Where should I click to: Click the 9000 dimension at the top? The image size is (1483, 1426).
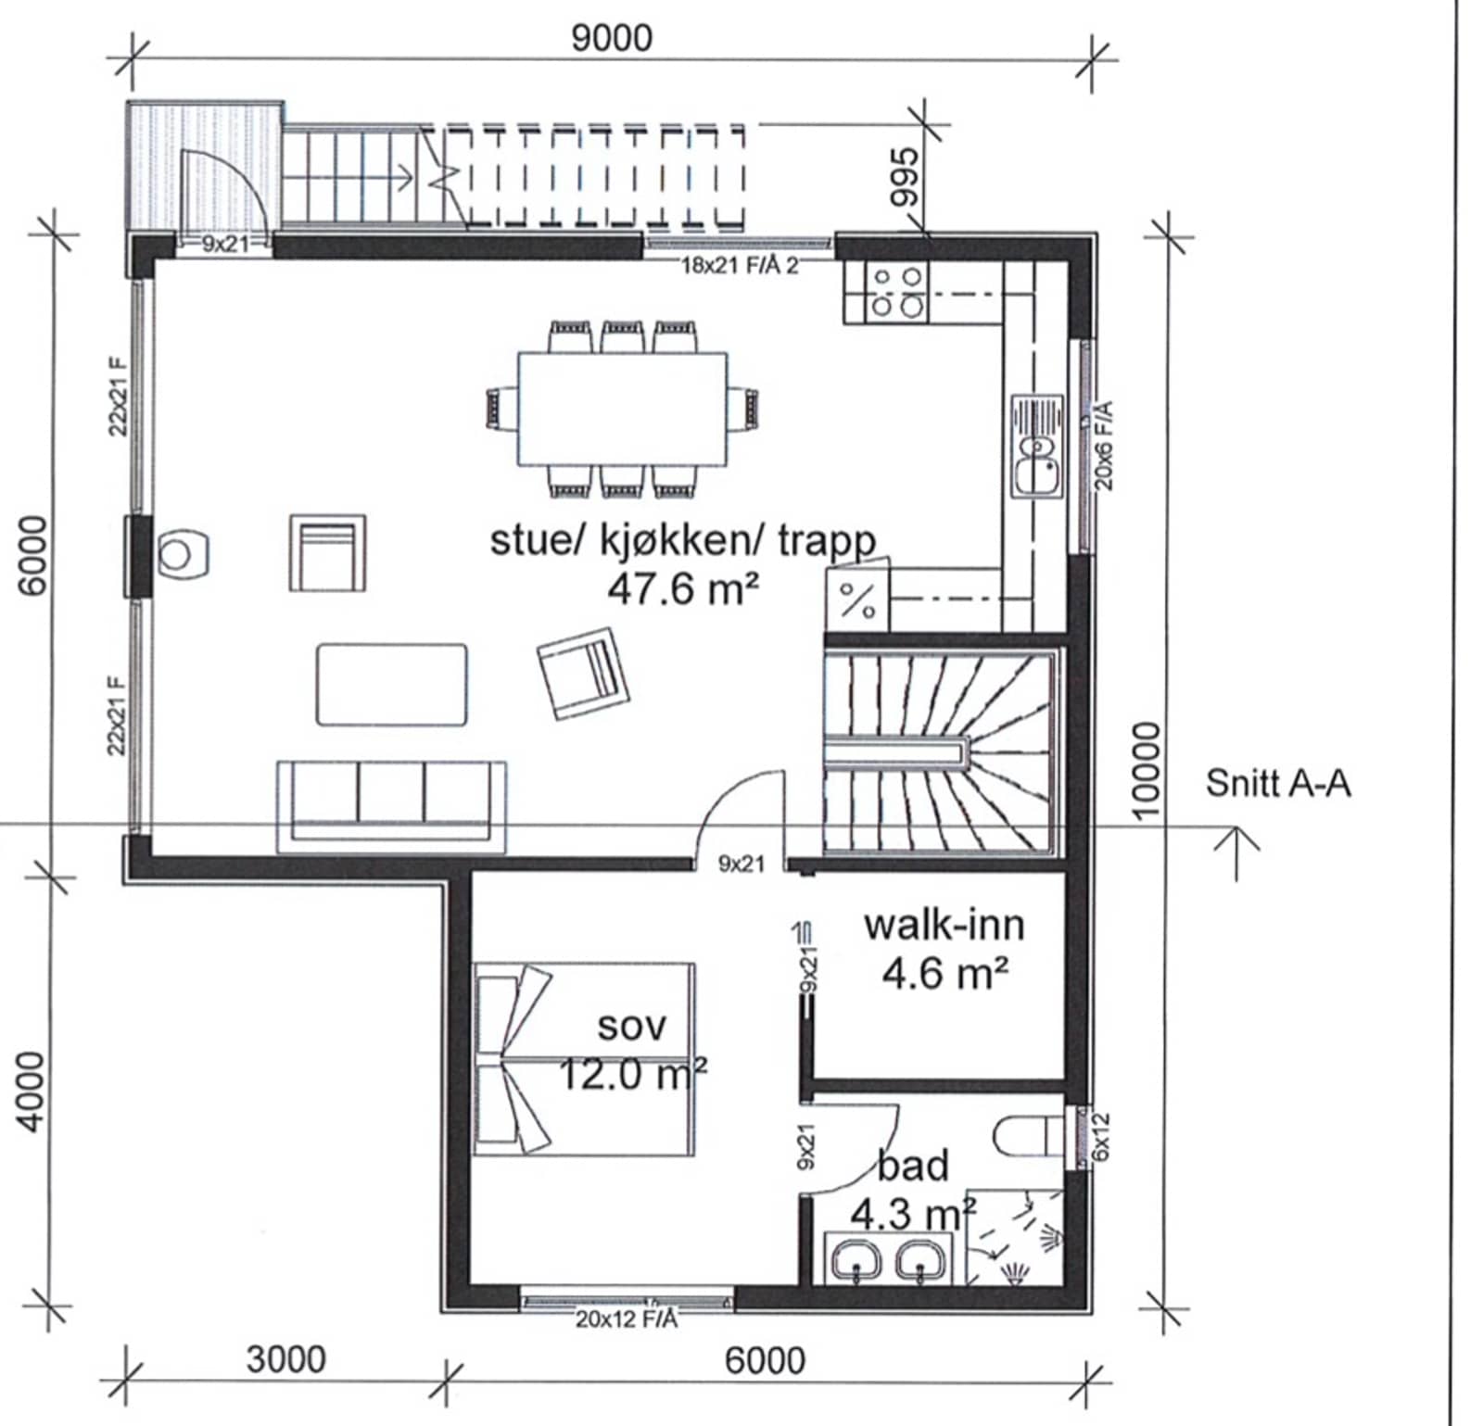611,38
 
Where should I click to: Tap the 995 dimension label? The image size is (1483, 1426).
904,177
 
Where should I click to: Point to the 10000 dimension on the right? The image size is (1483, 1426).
1147,770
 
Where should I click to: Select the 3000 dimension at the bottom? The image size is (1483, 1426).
286,1359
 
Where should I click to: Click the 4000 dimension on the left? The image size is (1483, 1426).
32,1092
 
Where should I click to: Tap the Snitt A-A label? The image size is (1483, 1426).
1277,784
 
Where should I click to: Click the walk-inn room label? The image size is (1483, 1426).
944,925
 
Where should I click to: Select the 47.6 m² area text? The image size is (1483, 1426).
683,587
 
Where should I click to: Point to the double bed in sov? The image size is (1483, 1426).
584,1058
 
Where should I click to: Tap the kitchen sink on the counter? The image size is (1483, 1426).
1037,447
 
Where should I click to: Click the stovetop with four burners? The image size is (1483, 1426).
897,291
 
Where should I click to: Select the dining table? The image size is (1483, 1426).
622,409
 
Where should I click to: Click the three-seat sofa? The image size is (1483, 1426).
391,807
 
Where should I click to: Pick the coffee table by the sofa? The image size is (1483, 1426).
391,685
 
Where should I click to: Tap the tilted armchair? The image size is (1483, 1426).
584,672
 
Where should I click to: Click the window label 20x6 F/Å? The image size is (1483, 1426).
1104,445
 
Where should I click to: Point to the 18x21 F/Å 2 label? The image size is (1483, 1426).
740,266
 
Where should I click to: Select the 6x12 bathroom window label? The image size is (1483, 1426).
1100,1139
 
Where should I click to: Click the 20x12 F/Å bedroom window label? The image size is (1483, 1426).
627,1319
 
